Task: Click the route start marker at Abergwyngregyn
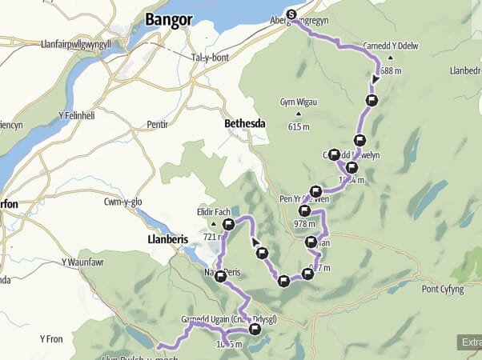click(291, 14)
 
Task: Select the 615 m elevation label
click(299, 126)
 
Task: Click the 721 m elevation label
click(215, 237)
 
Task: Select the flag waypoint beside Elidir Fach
click(229, 226)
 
